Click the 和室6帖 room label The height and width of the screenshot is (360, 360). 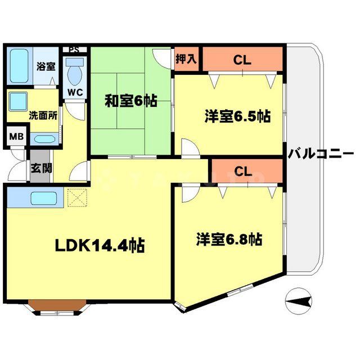[x=130, y=102]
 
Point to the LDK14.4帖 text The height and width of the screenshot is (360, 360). [x=100, y=245]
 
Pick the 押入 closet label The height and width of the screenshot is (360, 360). [x=186, y=58]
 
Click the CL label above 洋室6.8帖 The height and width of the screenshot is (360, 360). [x=242, y=171]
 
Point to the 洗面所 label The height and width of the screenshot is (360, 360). [x=43, y=117]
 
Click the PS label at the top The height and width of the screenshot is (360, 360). [x=74, y=49]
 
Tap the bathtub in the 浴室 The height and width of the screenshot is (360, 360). [x=20, y=66]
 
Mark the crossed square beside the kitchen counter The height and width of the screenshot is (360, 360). [x=75, y=197]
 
